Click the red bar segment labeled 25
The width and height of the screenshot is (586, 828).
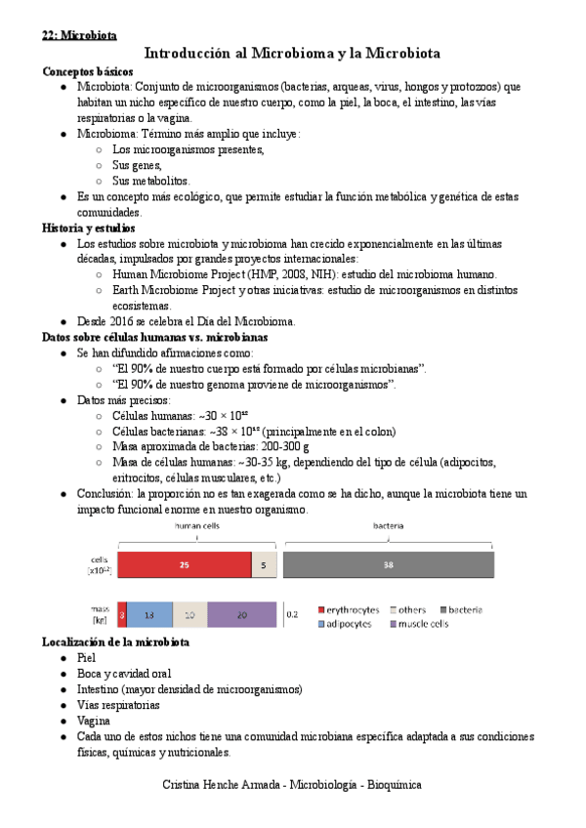tap(184, 564)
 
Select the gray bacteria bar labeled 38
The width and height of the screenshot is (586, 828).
tap(389, 564)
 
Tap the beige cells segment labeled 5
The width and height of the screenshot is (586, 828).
tap(264, 564)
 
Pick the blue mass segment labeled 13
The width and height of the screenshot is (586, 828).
tap(149, 614)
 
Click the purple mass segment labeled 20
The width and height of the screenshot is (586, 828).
tap(241, 614)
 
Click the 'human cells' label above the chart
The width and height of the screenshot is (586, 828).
tap(197, 526)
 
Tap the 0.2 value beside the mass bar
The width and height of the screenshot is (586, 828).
tap(291, 615)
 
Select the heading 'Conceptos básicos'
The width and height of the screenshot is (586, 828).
tap(89, 71)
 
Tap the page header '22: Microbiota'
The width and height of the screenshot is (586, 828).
tap(79, 35)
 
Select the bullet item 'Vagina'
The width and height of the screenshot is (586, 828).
tap(95, 721)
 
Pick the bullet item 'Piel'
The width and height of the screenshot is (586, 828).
tap(87, 658)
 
